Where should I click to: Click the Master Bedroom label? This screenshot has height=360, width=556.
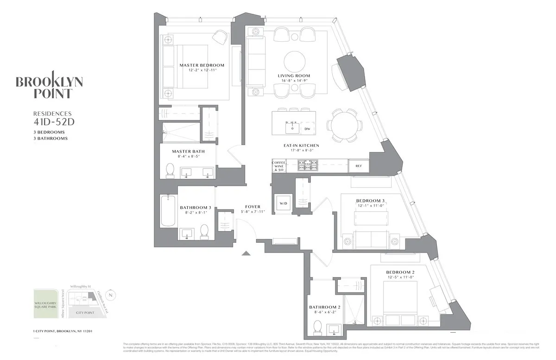202,65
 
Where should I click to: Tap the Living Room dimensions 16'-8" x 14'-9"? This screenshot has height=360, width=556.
294,81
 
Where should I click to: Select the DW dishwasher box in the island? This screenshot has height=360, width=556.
307,129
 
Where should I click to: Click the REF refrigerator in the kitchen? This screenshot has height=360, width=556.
358,166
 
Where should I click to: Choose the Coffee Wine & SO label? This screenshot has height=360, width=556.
278,166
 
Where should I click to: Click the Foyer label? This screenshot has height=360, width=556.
253,207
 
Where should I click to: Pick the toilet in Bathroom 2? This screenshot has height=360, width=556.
317,328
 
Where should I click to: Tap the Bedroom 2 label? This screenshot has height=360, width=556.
400,272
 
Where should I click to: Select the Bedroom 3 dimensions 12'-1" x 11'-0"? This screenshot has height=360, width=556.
370,206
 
